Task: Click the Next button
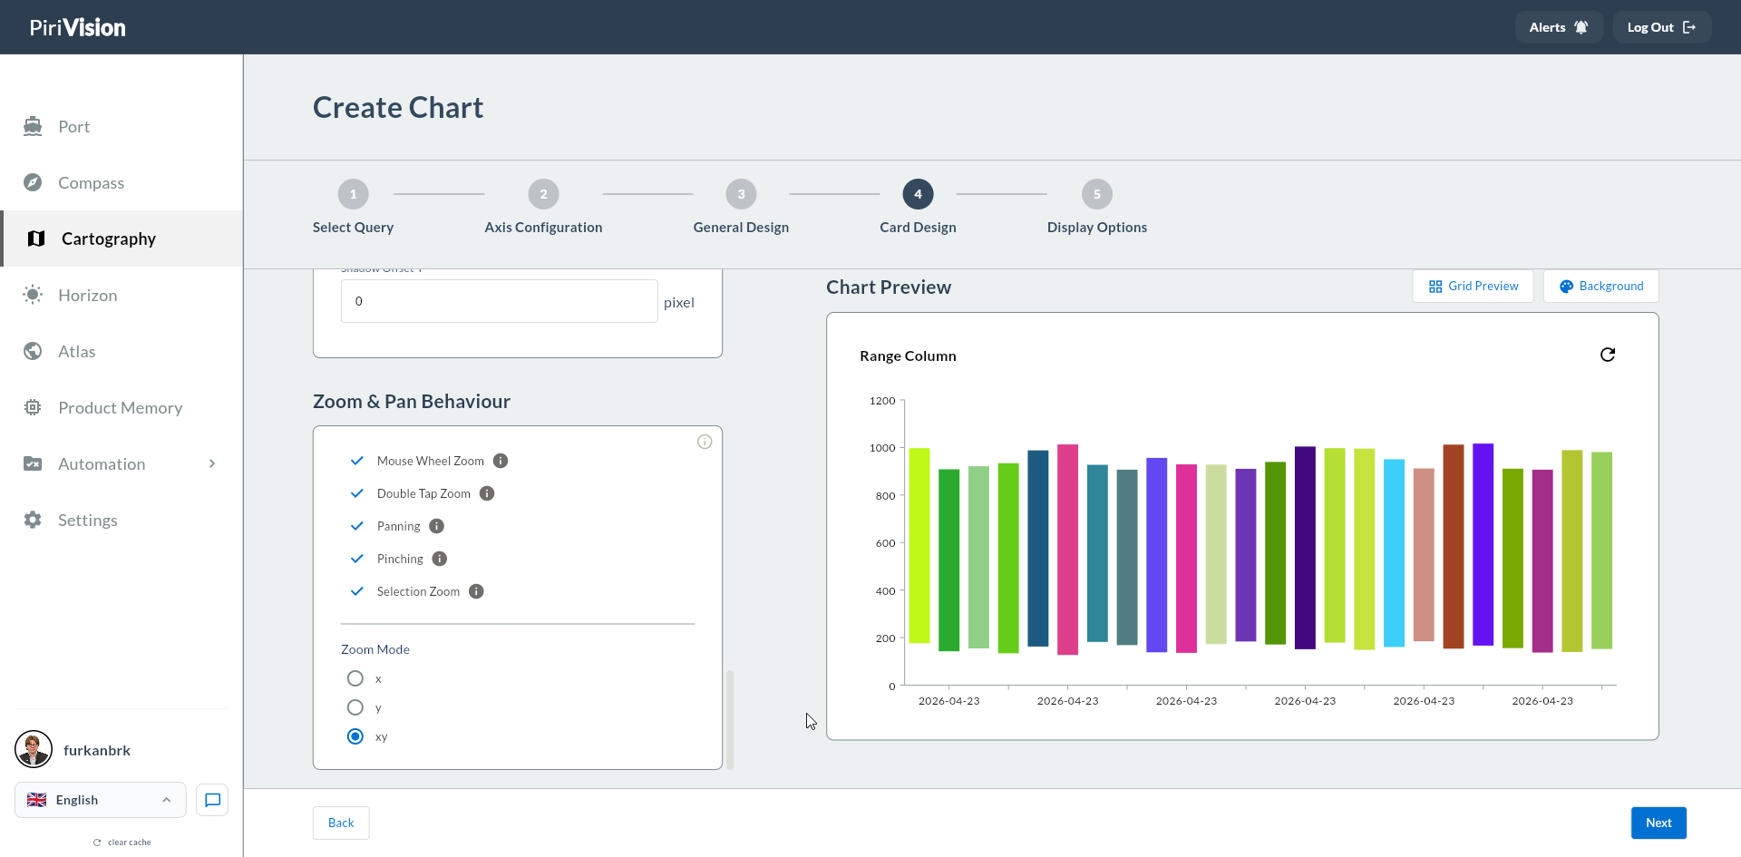[x=1658, y=823]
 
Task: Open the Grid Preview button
[x=1473, y=287]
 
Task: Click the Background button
[x=1601, y=287]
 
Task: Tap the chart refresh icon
[x=1608, y=355]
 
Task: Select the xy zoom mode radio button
[x=355, y=736]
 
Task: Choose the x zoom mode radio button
[x=355, y=678]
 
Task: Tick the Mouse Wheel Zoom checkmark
[x=357, y=461]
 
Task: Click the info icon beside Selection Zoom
[x=476, y=591]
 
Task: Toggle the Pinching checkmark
[x=357, y=559]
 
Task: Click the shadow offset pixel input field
[x=499, y=301]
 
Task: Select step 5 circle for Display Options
[x=1097, y=194]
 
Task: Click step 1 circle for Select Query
[x=354, y=194]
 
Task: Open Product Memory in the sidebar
[x=121, y=408]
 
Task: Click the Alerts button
[x=1559, y=27]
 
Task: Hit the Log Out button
[x=1662, y=27]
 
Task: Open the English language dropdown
[x=101, y=800]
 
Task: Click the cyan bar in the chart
[x=1395, y=553]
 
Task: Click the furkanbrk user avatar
[x=34, y=750]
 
